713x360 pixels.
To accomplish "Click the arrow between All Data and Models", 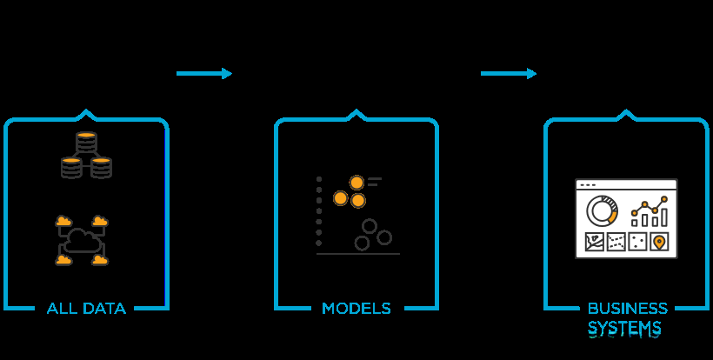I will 204,74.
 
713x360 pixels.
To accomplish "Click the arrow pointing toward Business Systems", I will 509,74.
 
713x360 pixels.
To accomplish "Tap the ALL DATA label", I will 86,309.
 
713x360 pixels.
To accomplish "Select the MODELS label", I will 356,309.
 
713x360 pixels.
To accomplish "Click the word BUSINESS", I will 628,309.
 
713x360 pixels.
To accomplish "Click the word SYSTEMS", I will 624,329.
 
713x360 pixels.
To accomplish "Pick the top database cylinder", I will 85,143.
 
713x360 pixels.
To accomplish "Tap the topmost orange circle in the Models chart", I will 356,183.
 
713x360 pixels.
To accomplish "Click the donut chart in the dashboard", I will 601,210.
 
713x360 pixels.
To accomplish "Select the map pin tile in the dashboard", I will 658,242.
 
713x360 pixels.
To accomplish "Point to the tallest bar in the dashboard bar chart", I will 663,215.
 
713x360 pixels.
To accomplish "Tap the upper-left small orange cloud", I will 63,220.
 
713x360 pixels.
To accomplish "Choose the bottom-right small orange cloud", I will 101,259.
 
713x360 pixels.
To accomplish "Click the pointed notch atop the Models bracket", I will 356,113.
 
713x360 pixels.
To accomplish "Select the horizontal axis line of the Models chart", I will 358,254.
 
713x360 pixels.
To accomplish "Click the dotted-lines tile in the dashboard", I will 616,242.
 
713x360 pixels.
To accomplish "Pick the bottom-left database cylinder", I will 71,167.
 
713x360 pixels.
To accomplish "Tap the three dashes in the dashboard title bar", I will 589,185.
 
